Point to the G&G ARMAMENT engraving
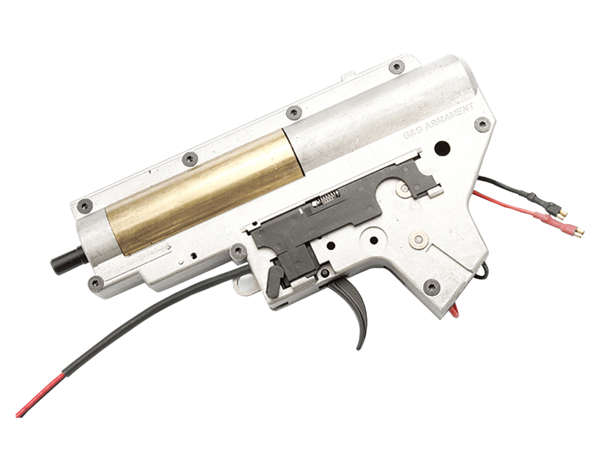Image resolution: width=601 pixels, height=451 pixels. tap(439, 121)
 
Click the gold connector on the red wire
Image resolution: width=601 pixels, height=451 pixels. tap(574, 230)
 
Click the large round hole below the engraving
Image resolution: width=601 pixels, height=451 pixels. tap(443, 146)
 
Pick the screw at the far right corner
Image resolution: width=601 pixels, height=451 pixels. tap(481, 124)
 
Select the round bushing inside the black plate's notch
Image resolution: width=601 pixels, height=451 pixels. tap(404, 189)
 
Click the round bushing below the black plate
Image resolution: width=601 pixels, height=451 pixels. tap(417, 240)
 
